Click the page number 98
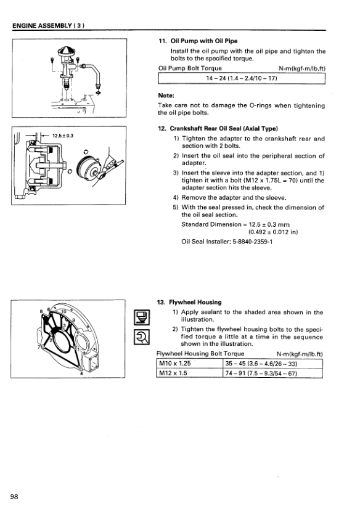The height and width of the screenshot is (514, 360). click(14, 496)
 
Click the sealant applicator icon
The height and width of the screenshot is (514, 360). click(142, 317)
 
